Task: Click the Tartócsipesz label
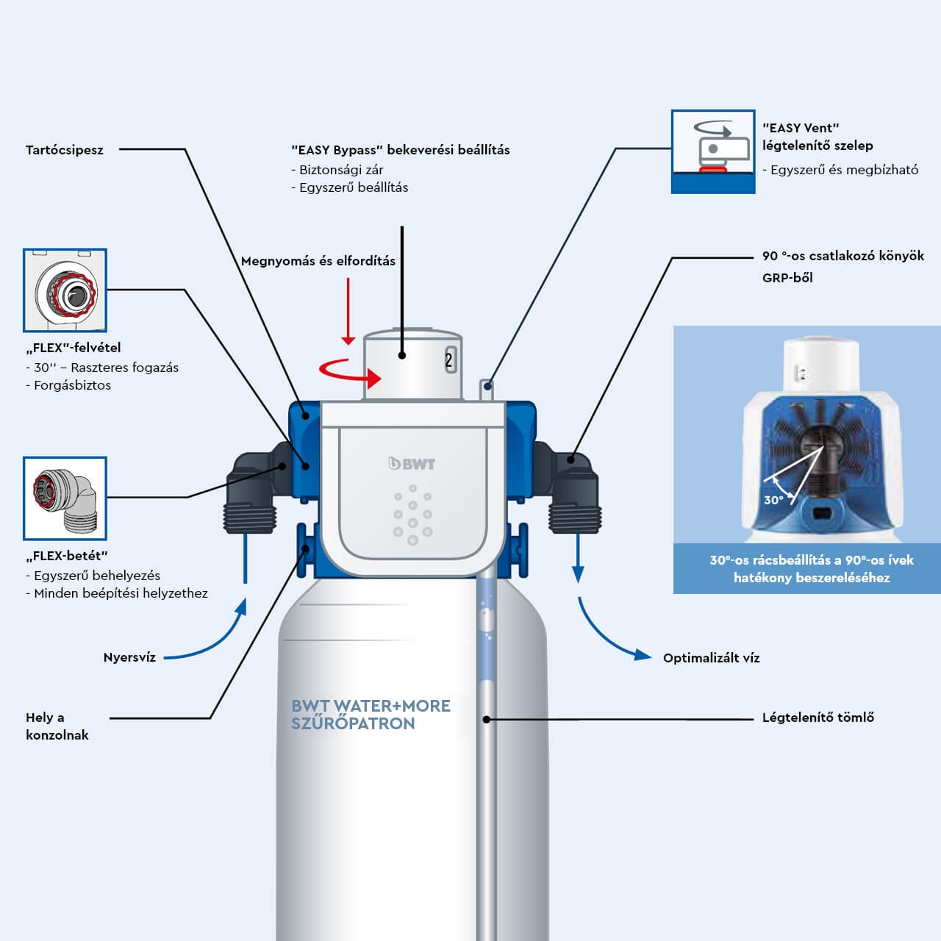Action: (x=65, y=150)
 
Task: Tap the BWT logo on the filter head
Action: (x=412, y=464)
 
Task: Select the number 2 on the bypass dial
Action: (x=449, y=360)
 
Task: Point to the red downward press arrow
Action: (x=348, y=312)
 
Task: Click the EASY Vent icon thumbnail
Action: (x=712, y=151)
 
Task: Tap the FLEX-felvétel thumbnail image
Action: (x=65, y=290)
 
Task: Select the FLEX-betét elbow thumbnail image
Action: (x=65, y=498)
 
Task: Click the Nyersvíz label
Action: (x=129, y=657)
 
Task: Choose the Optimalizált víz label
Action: (x=711, y=658)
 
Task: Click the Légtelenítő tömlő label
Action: (x=817, y=718)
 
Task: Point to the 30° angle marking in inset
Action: (x=773, y=500)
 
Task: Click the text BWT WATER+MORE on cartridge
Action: (x=371, y=706)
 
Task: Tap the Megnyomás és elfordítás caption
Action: (x=318, y=261)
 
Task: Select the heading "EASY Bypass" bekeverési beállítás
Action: (x=400, y=150)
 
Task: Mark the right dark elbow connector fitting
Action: (x=573, y=491)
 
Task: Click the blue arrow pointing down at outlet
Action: (x=578, y=559)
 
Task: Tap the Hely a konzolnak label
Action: (x=57, y=726)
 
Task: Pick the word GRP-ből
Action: (x=787, y=278)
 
